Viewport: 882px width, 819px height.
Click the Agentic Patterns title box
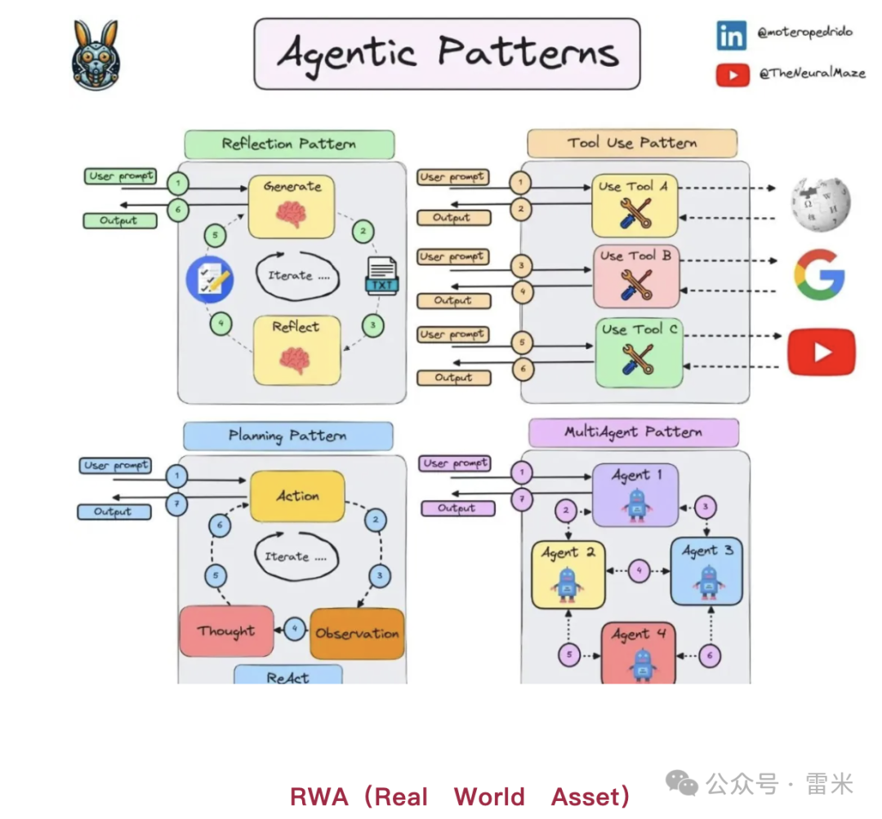[x=447, y=54]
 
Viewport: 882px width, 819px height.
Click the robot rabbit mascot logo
[x=95, y=55]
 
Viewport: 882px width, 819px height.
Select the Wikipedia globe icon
[x=821, y=201]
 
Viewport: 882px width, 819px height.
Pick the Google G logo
[x=819, y=275]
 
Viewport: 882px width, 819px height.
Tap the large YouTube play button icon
[x=821, y=352]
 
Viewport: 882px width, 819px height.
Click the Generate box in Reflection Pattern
[x=292, y=206]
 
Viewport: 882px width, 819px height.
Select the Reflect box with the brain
[x=296, y=350]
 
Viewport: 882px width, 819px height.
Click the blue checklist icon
[x=210, y=277]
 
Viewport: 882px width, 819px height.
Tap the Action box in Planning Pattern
[x=297, y=496]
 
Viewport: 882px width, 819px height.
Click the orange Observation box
[x=357, y=633]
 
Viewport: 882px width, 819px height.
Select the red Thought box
[x=226, y=631]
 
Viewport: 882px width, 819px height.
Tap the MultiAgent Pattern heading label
[x=633, y=432]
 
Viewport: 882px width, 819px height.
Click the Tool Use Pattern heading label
[x=632, y=143]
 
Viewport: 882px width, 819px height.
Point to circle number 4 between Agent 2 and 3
[x=639, y=570]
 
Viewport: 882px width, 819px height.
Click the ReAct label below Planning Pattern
[x=287, y=675]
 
